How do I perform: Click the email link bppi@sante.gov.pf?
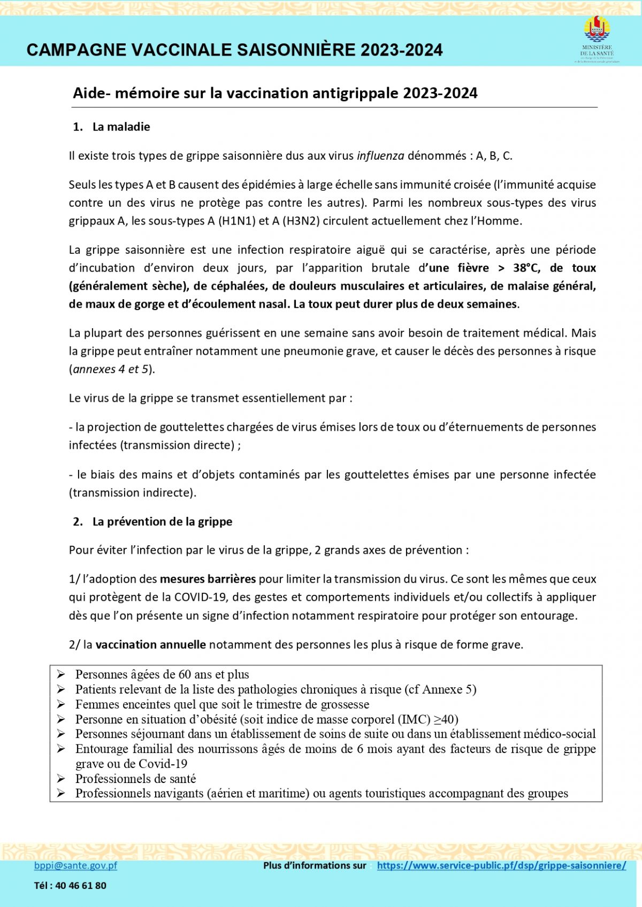click(75, 865)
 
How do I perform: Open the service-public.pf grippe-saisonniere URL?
click(501, 865)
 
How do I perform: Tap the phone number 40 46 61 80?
click(80, 886)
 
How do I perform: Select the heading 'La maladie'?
click(121, 127)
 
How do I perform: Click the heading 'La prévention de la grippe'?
click(162, 522)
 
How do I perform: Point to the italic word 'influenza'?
click(380, 156)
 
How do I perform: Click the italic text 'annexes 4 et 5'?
click(111, 369)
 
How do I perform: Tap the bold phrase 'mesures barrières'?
click(208, 579)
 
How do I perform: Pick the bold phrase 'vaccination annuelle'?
click(150, 645)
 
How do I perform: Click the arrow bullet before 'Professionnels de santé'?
click(61, 779)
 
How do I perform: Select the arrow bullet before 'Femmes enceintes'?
click(61, 704)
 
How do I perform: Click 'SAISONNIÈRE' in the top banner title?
click(296, 50)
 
